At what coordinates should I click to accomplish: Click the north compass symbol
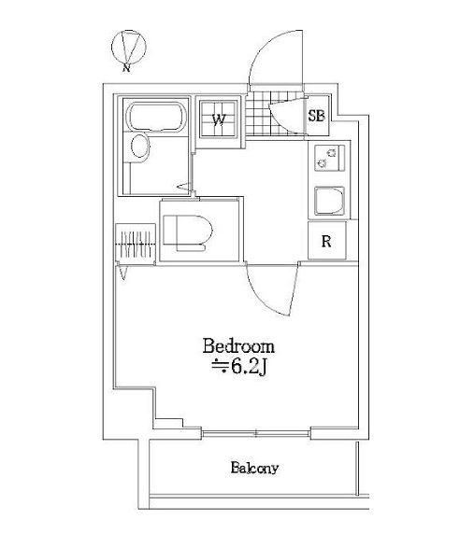point(129,47)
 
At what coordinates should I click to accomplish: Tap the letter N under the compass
point(126,68)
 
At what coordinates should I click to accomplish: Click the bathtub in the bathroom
point(156,117)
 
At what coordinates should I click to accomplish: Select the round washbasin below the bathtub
point(140,147)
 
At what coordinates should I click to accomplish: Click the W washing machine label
point(219,119)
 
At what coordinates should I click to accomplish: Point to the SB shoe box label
point(316,116)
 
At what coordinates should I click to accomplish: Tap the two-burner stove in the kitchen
point(329,158)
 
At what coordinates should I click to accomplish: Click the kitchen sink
point(329,201)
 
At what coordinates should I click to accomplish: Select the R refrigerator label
point(326,242)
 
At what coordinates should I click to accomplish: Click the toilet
point(188,232)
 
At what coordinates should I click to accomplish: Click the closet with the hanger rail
point(136,244)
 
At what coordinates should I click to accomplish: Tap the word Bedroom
point(238,346)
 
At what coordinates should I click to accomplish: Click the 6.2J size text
point(248,367)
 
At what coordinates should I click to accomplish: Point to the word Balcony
point(254,468)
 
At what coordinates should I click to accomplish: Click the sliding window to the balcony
point(255,433)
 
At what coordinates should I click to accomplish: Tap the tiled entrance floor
point(275,113)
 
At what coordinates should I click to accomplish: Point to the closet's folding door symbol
point(122,273)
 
